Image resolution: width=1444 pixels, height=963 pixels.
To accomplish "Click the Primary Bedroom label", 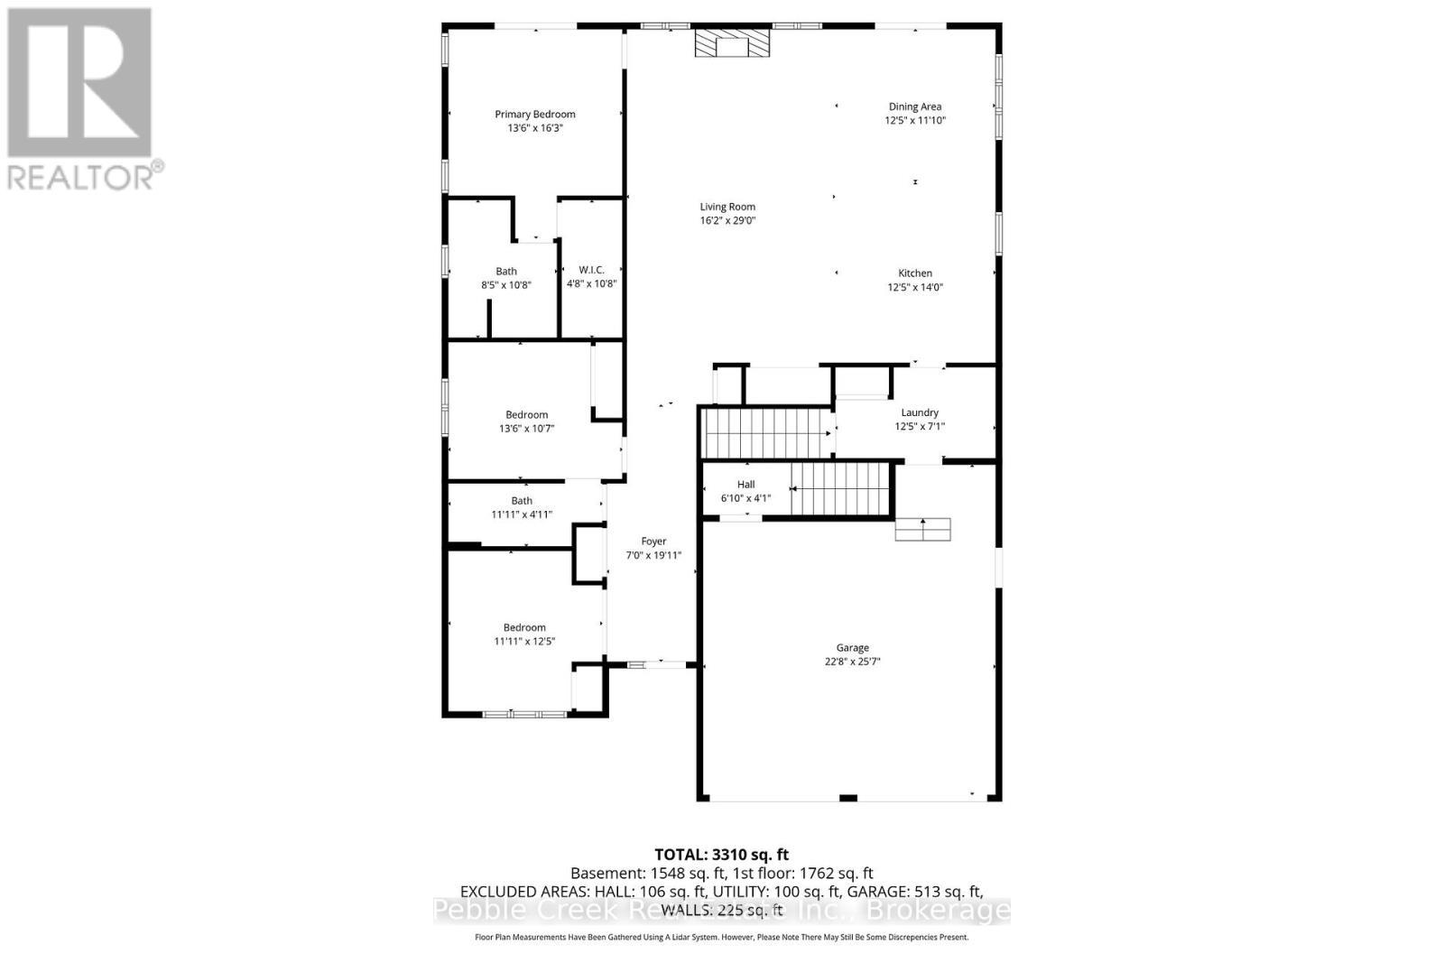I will [534, 114].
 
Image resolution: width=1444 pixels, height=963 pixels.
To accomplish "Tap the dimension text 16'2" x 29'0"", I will [727, 220].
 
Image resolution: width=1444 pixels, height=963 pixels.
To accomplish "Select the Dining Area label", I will [914, 106].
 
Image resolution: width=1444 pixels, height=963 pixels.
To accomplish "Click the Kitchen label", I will [914, 273].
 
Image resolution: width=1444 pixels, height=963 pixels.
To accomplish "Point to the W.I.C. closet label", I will [591, 270].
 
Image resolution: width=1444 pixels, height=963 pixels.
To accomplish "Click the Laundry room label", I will [920, 412].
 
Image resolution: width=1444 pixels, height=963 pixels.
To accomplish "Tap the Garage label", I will [852, 648].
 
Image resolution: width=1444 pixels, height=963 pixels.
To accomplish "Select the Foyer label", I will [653, 542].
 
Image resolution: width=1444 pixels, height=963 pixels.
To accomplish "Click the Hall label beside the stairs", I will [745, 485].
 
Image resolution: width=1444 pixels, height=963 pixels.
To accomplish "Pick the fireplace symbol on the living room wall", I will [732, 43].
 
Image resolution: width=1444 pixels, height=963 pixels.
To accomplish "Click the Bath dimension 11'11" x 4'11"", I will [522, 514].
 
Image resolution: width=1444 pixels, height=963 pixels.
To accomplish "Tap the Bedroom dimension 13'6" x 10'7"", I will [526, 429].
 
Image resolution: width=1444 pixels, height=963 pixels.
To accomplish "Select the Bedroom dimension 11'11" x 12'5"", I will [524, 642].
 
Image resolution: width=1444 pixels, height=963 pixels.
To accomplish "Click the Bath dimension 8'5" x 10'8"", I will [506, 285].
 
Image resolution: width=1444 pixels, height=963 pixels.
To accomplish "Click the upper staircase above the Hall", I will [767, 432].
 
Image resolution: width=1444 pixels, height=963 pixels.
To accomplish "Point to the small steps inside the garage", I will [922, 530].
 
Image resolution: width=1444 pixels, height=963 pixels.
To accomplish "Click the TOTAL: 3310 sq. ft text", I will [721, 855].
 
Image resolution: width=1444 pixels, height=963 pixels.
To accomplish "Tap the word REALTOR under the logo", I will [79, 177].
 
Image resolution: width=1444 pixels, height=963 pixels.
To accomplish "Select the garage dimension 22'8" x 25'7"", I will [852, 662].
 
